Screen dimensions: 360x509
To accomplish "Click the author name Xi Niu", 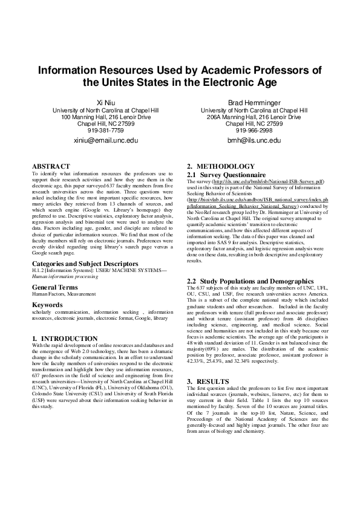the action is pyautogui.click(x=106, y=103).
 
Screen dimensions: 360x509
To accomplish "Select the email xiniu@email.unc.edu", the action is pyautogui.click(x=106, y=140).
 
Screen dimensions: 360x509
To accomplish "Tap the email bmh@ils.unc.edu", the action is pyautogui.click(x=254, y=140).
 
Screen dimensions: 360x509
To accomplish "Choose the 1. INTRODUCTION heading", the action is pyautogui.click(x=65, y=338).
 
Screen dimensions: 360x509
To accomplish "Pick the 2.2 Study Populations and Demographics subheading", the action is pyautogui.click(x=250, y=281).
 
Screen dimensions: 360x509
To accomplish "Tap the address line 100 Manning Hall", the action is pyautogui.click(x=106, y=117).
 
